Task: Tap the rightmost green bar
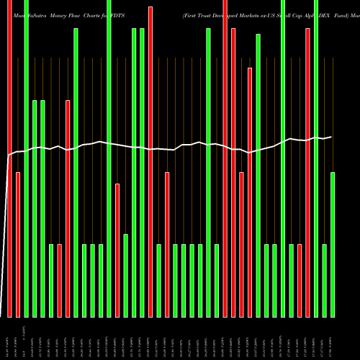point(333,245)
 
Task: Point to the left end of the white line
point(7,155)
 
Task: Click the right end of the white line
point(333,136)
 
